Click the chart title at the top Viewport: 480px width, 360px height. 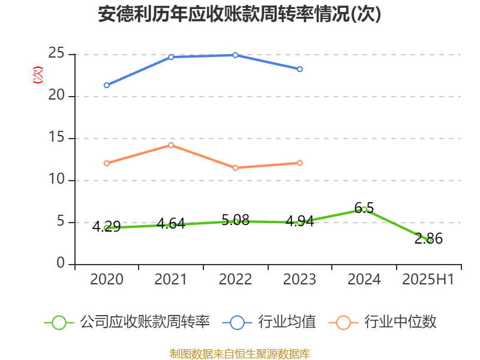[239, 14]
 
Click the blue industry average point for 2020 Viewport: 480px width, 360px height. [107, 85]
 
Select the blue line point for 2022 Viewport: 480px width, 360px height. [235, 55]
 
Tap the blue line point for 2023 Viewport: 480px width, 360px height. [299, 69]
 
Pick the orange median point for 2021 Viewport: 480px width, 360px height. [171, 145]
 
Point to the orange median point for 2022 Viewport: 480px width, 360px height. [235, 168]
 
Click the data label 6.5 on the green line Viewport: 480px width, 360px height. [364, 208]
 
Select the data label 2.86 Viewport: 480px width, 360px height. [428, 239]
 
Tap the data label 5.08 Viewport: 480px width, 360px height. [235, 220]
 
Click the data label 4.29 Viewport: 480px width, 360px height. [106, 227]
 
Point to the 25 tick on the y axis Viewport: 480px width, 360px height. [57, 54]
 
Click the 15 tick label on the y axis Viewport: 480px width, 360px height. [57, 138]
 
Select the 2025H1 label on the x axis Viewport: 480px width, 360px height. [428, 280]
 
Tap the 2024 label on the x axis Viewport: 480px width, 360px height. [364, 280]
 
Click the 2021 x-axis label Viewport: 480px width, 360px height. [171, 280]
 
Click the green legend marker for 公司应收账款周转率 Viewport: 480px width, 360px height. [59, 322]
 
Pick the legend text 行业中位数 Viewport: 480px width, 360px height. [402, 322]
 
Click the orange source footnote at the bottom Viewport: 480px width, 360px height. [239, 353]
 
